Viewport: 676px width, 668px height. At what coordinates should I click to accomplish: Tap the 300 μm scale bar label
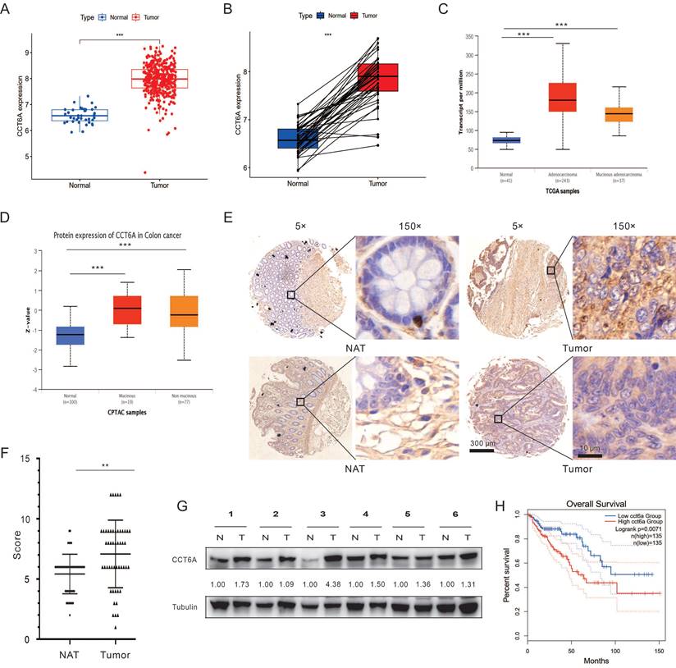[x=481, y=443]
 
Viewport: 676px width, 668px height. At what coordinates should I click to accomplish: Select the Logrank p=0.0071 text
[x=633, y=529]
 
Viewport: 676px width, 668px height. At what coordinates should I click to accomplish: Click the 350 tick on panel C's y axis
[x=471, y=37]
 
